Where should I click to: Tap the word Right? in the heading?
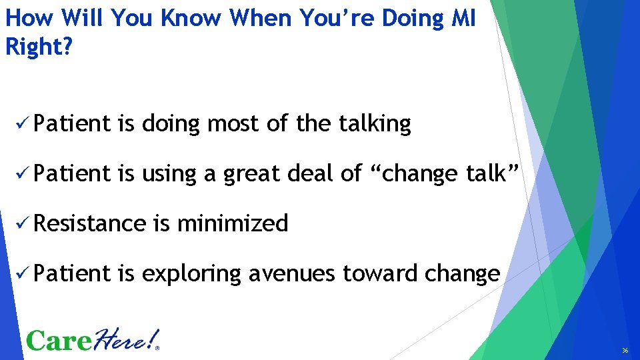click(38, 47)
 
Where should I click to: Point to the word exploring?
click(191, 274)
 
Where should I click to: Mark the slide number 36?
click(625, 351)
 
